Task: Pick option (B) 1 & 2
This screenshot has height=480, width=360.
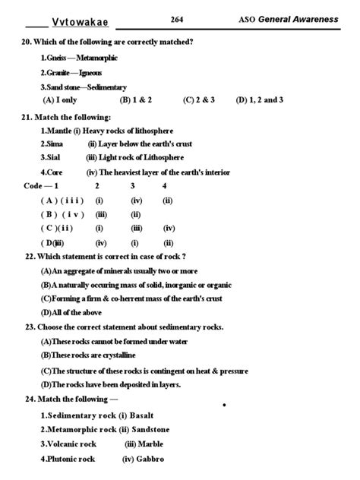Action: pyautogui.click(x=136, y=99)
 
